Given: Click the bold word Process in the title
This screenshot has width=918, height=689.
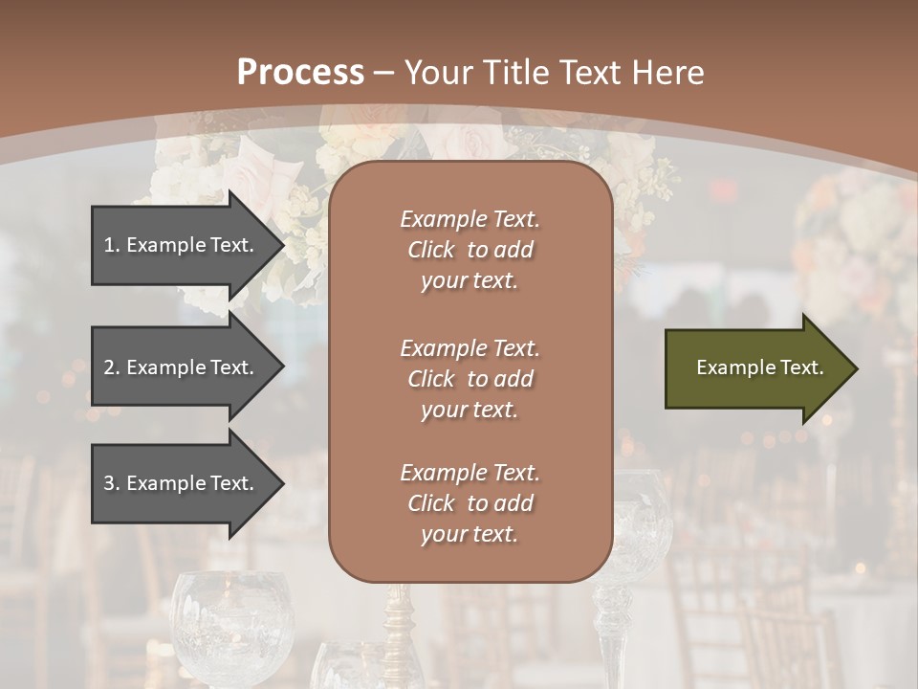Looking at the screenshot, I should click(x=300, y=73).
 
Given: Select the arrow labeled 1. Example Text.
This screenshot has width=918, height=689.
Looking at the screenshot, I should click(x=182, y=245).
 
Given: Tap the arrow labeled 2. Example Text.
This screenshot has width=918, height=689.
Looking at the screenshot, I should click(x=182, y=367).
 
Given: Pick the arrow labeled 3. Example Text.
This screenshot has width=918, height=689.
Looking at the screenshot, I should click(x=182, y=483).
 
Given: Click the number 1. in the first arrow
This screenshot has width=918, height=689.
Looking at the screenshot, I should click(x=112, y=245).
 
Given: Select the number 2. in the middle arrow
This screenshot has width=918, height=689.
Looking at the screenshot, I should click(x=112, y=367).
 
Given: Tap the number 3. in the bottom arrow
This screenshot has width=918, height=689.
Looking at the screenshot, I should click(x=112, y=483).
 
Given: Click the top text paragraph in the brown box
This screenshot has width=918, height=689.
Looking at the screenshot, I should click(x=470, y=250).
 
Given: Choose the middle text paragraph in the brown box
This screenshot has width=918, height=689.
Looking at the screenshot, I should click(x=470, y=379).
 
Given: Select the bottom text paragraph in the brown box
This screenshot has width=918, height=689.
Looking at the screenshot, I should click(x=470, y=503).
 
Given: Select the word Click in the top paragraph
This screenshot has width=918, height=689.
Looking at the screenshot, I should click(x=430, y=250).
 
